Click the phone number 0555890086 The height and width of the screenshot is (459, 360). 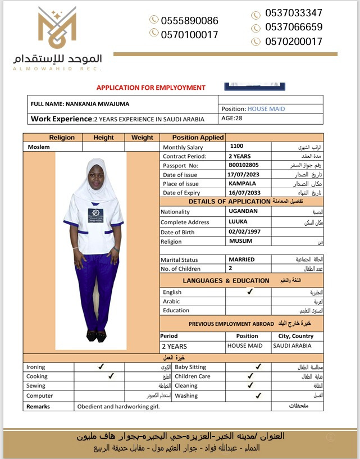coord(189,21)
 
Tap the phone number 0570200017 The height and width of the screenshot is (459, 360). coord(294,42)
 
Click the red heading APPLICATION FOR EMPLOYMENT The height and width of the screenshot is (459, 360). coord(151,88)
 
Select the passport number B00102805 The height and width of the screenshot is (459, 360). coord(244,165)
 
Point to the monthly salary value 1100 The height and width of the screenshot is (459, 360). coord(237,146)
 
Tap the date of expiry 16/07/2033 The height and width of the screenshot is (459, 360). coord(245,193)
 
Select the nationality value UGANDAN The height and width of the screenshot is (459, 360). coord(243,212)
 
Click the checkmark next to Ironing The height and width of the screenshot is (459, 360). coord(101,367)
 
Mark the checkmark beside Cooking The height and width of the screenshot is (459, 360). coord(111,376)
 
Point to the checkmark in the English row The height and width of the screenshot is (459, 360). coord(250,292)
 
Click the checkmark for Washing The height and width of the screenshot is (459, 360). coord(258,396)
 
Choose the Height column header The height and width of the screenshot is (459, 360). coord(103,138)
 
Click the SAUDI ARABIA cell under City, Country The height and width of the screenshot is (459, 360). coord(291,346)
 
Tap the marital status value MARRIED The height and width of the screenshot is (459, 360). coord(241,260)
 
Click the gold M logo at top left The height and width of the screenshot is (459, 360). coord(57,28)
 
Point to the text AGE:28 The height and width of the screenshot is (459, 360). coord(232,119)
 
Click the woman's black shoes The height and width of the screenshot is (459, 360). coord(96,335)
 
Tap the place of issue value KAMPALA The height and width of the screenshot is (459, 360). coord(243,184)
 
